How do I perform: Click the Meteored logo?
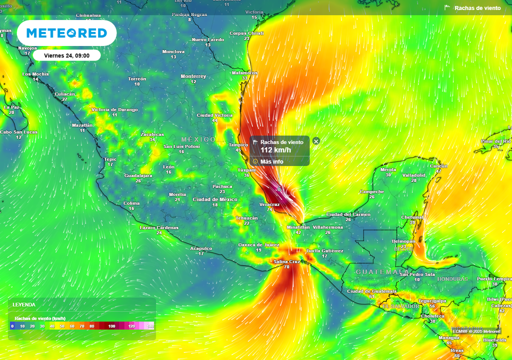[66, 33]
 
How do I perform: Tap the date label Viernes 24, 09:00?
[67, 55]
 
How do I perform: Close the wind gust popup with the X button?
[316, 141]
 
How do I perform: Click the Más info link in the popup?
[271, 161]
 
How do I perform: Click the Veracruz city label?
[269, 204]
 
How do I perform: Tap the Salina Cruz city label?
[287, 261]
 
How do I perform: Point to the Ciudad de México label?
[215, 199]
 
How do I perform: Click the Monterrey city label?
[193, 76]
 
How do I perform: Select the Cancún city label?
[439, 166]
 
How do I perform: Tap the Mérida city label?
[388, 169]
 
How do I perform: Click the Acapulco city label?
[201, 248]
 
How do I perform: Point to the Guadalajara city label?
[138, 175]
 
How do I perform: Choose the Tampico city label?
[238, 144]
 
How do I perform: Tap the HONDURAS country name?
[452, 279]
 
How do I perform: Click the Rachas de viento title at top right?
[477, 8]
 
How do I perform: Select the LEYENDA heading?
[24, 304]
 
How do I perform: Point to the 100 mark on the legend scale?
[111, 326]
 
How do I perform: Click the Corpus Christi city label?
[246, 33]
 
